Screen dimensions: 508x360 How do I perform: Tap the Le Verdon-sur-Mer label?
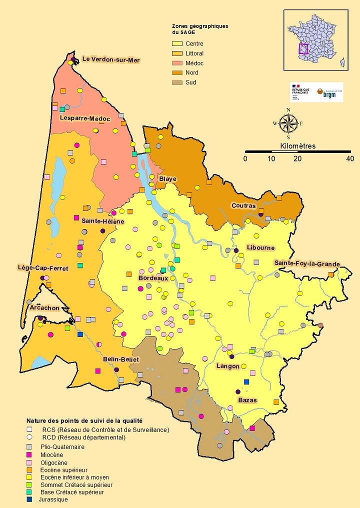[x=111, y=59]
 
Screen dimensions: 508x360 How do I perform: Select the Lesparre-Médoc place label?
[x=84, y=118]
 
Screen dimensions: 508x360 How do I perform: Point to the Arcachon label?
[x=44, y=307]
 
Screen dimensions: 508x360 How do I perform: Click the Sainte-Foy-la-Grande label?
[x=306, y=263]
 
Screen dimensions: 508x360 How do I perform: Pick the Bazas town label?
[x=247, y=400]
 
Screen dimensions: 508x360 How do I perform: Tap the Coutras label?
[x=243, y=205]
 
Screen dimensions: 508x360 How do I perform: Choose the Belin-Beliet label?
[x=120, y=359]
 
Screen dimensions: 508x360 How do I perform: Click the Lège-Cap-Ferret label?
[x=42, y=268]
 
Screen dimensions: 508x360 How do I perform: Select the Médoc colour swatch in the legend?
[x=176, y=63]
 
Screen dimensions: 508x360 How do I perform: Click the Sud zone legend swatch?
[x=176, y=82]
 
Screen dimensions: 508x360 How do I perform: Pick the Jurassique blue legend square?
[x=29, y=499]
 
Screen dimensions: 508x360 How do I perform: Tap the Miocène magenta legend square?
[x=29, y=454]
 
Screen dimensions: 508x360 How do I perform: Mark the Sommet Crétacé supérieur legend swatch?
[x=29, y=484]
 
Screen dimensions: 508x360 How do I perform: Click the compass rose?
[x=288, y=123]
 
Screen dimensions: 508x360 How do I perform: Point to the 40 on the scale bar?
[x=349, y=158]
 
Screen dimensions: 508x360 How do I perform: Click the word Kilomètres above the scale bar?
[x=298, y=146]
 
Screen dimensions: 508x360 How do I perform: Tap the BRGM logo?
[x=329, y=93]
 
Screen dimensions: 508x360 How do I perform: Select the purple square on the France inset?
[x=303, y=48]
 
